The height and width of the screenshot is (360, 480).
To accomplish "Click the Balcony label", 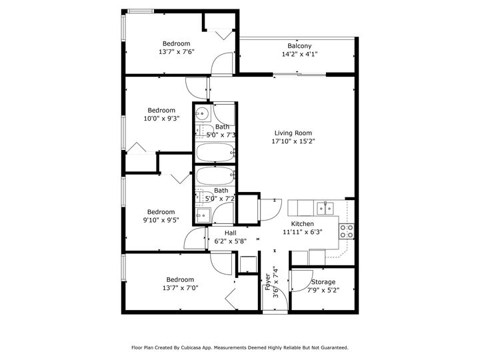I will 299,46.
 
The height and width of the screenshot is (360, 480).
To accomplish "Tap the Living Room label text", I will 293,133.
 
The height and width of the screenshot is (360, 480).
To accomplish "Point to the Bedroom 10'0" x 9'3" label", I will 161,111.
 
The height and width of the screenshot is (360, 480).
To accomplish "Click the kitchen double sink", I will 325,208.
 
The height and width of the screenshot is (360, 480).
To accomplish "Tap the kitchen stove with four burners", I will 347,231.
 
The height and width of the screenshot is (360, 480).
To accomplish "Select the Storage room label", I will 321,282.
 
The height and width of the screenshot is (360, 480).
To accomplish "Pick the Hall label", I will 230,233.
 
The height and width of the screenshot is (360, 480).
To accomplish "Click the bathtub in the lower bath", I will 215,177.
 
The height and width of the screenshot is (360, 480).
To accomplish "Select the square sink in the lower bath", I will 203,214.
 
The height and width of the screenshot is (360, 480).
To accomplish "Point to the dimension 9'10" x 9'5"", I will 161,221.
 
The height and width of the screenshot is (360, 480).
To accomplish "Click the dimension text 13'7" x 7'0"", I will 180,288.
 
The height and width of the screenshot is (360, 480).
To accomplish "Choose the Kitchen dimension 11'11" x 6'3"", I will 302,233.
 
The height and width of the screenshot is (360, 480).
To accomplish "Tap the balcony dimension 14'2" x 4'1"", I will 299,55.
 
